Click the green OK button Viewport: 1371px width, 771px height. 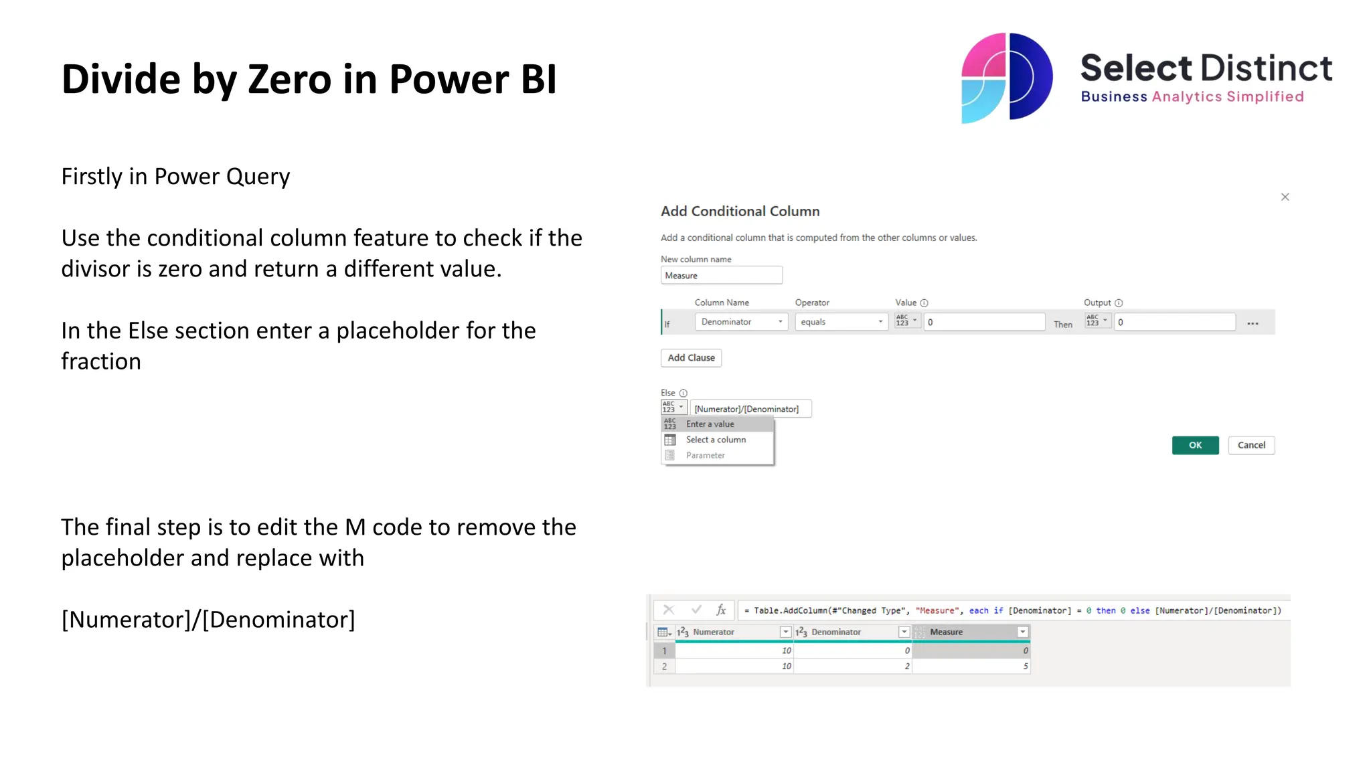[x=1195, y=445]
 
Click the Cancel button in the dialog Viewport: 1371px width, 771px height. [x=1251, y=445]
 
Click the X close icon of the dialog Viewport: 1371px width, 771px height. [x=1285, y=197]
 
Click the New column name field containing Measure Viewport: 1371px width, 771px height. [x=721, y=276]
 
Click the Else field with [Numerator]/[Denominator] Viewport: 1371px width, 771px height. [x=750, y=409]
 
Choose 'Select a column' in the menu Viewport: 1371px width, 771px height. [x=716, y=440]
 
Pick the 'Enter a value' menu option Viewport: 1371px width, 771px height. [x=710, y=424]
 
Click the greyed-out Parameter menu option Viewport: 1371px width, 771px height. [x=705, y=455]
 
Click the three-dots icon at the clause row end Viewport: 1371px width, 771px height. [x=1253, y=323]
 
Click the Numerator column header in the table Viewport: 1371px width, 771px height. [x=714, y=632]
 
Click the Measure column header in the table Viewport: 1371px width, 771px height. [x=946, y=632]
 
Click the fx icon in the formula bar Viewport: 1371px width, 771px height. [x=721, y=610]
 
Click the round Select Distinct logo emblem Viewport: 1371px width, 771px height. [x=1006, y=78]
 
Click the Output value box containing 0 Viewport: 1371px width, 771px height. [x=1174, y=322]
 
